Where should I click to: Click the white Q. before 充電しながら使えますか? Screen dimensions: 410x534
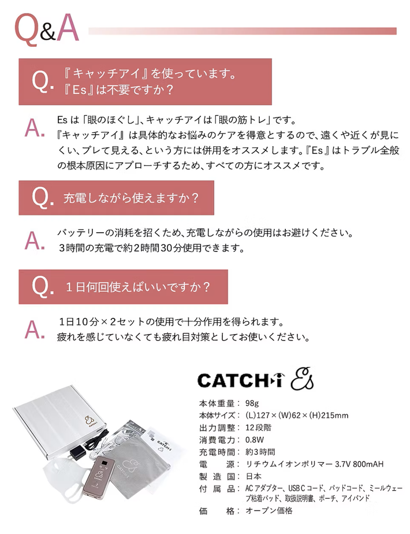click(43, 198)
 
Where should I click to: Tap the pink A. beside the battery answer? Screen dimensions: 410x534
click(35, 240)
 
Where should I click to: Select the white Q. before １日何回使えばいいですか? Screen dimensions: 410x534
click(43, 287)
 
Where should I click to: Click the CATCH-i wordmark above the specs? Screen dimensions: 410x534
click(240, 380)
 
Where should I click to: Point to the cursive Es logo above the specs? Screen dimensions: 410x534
click(302, 379)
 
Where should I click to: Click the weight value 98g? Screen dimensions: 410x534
click(252, 403)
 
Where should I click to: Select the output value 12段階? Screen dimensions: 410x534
click(258, 428)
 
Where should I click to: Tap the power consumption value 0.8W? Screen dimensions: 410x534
click(255, 440)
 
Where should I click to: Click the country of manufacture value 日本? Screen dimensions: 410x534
click(254, 476)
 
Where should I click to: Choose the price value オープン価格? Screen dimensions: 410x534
click(269, 510)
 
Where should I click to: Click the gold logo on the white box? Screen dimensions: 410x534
click(90, 421)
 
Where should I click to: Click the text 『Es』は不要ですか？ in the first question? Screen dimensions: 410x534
click(119, 90)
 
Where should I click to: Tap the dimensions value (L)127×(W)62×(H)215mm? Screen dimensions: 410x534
click(297, 415)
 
